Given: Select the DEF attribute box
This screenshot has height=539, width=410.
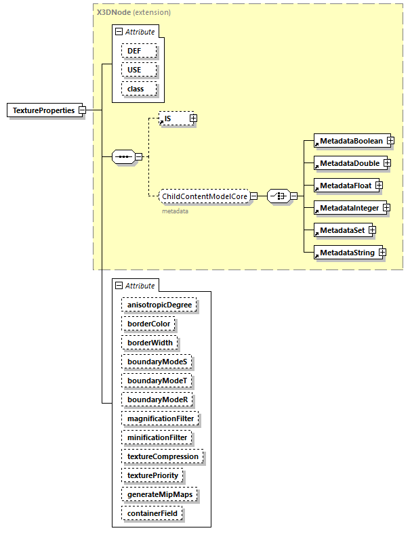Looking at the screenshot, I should (139, 51).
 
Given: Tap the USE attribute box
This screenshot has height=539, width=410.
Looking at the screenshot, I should (139, 70).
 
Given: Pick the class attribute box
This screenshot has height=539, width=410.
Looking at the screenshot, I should (139, 89).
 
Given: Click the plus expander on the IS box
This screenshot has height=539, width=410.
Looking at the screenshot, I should (193, 118).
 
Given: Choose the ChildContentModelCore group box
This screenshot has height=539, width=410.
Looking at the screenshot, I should (204, 196).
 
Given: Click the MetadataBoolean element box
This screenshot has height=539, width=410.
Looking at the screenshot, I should (351, 141).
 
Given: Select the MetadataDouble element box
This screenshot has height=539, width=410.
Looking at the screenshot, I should (348, 163).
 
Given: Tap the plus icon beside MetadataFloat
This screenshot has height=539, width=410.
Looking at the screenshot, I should (380, 185).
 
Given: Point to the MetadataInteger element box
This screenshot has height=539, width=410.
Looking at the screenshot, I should (349, 207).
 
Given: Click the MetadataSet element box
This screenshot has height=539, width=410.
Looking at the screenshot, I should (342, 230).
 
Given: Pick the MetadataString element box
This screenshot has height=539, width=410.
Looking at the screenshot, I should (346, 253).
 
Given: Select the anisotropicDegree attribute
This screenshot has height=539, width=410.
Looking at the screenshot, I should (159, 305).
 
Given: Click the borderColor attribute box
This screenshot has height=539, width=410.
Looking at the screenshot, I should (149, 324).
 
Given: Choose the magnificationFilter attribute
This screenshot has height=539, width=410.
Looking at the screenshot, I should (161, 418).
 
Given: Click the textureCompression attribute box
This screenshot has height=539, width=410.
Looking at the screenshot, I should (163, 456).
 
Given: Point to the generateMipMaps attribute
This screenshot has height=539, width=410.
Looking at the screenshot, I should (159, 494).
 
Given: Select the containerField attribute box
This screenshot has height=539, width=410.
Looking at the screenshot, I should (152, 513).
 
